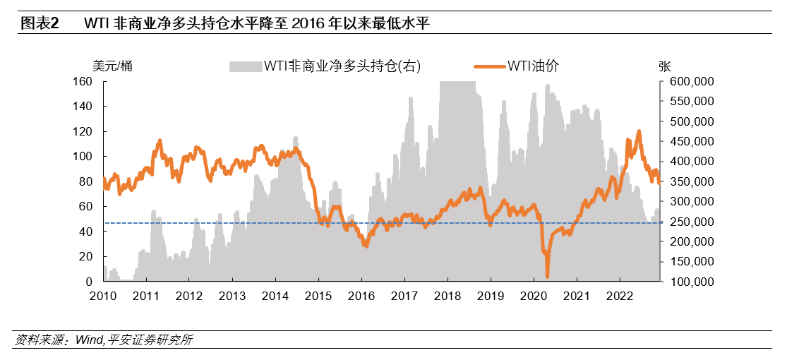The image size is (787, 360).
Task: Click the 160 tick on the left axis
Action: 83,81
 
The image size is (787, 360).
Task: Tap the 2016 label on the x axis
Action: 361,296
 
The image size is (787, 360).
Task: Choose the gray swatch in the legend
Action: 246,66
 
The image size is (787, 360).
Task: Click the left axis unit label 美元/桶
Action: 112,66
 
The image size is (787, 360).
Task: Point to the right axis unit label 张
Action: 664,66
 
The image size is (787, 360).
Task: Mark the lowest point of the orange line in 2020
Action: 547,276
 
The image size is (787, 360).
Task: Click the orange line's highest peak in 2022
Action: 639,131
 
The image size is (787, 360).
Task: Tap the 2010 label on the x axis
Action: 102,296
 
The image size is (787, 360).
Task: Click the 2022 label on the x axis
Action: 620,296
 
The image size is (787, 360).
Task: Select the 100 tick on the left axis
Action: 83,157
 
